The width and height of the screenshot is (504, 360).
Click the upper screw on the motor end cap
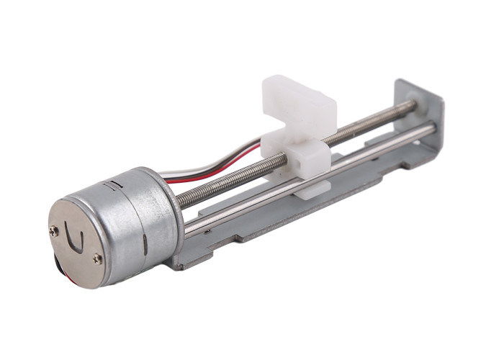tap(55, 231)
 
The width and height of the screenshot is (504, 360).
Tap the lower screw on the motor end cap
tap(97, 258)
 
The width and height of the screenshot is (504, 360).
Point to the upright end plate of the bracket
tap(425, 122)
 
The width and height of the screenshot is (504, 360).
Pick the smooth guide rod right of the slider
tap(374, 150)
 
